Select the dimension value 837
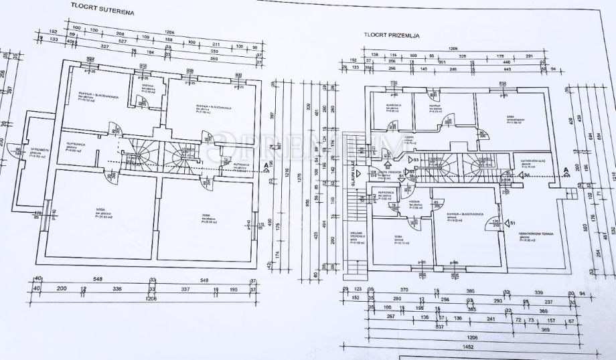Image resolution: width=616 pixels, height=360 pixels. point(439,328)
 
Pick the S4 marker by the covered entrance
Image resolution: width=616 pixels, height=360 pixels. point(527,175)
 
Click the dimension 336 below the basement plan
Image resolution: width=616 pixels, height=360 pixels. point(117,289)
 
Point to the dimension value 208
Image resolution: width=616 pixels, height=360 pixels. point(120,33)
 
